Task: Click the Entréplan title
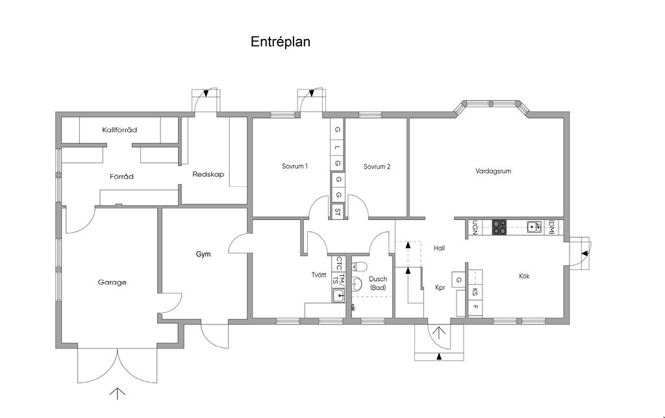pos(281,42)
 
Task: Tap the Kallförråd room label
pos(119,130)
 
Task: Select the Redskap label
pos(208,174)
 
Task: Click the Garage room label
pos(112,282)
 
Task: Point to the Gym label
pos(203,254)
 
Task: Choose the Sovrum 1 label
pos(294,166)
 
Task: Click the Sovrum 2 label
pos(377,166)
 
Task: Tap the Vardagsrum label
pos(494,171)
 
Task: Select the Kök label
pos(524,276)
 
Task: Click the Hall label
pos(439,248)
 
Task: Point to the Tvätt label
pos(319,275)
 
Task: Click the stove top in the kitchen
pos(499,227)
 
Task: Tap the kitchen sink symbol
pos(534,227)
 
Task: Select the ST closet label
pos(338,211)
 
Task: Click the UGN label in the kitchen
pos(475,228)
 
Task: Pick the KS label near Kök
pos(475,292)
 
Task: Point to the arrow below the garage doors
pos(118,393)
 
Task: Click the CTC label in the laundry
pos(338,264)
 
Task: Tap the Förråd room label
pos(121,176)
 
